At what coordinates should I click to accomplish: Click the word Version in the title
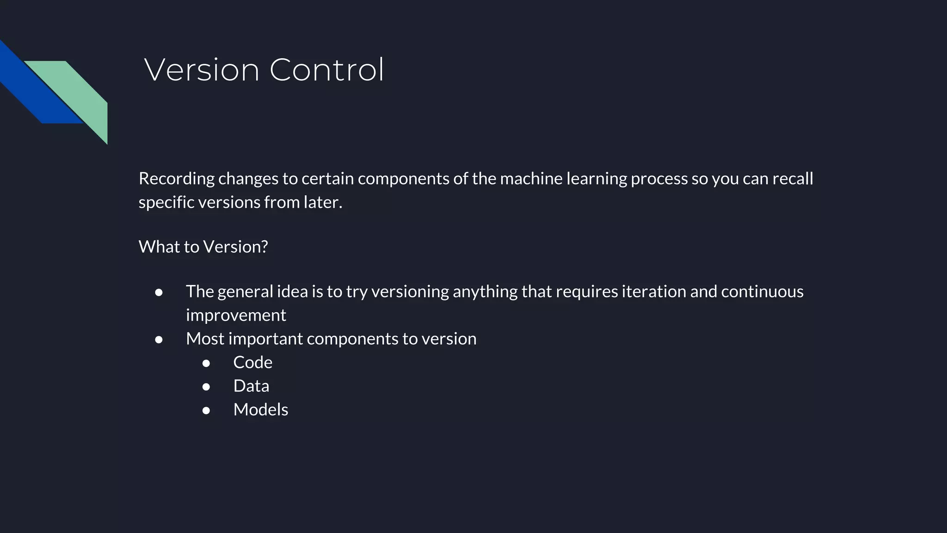[x=202, y=70]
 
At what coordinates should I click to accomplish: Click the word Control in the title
[x=326, y=70]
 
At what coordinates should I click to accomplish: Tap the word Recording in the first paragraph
[x=177, y=179]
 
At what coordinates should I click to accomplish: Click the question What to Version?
[x=203, y=247]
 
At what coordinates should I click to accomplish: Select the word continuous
[x=762, y=292]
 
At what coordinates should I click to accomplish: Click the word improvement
[x=236, y=316]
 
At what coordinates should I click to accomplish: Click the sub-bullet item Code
[x=252, y=363]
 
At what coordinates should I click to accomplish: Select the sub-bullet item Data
[x=251, y=386]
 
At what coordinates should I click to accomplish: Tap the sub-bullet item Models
[x=260, y=410]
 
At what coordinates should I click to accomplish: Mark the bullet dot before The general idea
[x=159, y=292]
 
